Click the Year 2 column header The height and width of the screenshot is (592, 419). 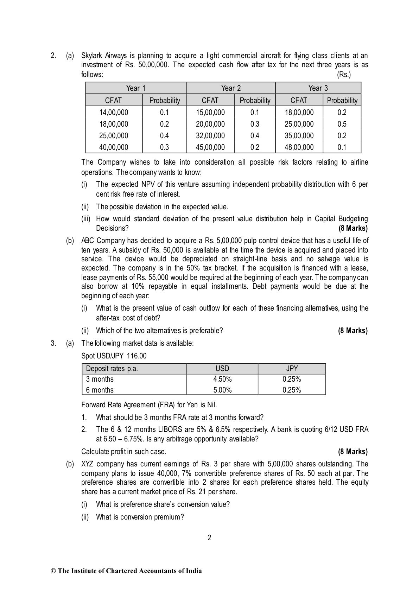[231, 88]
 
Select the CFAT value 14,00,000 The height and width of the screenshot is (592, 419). [114, 113]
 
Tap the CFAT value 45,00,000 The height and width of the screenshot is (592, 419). [210, 147]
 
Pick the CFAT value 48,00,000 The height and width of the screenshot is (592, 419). [299, 147]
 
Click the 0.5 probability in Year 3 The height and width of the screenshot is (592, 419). [342, 124]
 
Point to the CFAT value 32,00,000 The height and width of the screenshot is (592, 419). [210, 136]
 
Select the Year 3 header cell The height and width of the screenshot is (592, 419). [318, 88]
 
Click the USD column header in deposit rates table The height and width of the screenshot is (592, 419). [222, 369]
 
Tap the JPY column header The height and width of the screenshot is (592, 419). [292, 369]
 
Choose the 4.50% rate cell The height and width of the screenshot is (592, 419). [222, 379]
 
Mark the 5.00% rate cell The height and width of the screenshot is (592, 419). [222, 390]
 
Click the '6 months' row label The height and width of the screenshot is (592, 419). [100, 390]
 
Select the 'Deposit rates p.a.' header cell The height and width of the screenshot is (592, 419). [112, 369]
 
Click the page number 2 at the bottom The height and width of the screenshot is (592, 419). [209, 537]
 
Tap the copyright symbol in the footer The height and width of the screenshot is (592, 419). [53, 571]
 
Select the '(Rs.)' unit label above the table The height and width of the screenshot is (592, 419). [343, 75]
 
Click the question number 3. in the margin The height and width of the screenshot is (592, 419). [53, 343]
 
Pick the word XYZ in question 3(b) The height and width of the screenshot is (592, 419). [88, 464]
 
